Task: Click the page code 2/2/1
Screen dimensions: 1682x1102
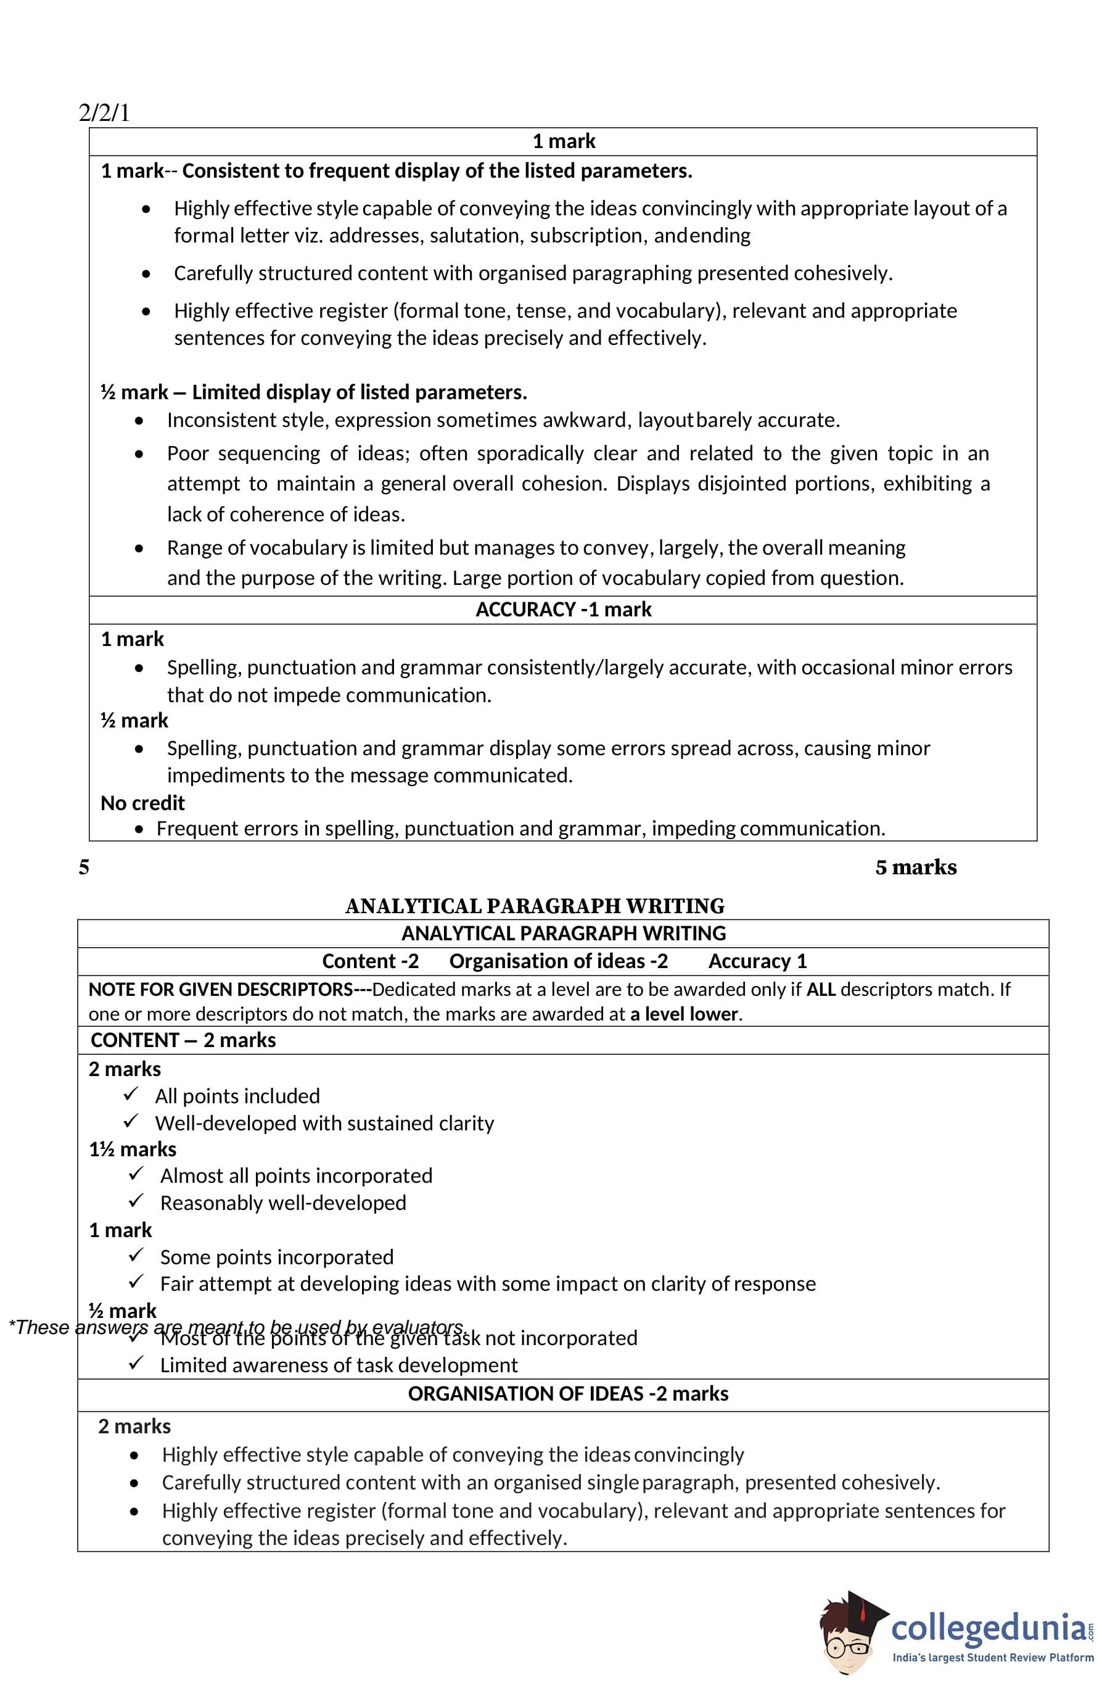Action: point(105,113)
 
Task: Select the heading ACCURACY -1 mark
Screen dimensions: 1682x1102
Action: point(563,610)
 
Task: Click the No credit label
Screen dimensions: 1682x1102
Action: point(142,803)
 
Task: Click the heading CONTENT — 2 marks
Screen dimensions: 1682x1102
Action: point(183,1040)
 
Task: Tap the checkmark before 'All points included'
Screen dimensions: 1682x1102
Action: point(131,1094)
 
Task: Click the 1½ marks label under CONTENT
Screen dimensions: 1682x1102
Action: point(133,1148)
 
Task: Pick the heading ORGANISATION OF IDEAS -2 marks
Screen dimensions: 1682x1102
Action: point(568,1393)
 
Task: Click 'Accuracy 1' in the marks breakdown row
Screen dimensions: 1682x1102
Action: point(757,961)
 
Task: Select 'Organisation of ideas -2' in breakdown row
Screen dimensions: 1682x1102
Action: point(558,961)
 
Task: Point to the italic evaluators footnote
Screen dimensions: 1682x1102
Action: point(237,1327)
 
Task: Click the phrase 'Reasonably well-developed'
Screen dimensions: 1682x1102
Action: point(282,1203)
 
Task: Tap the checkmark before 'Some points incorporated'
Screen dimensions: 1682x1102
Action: point(136,1255)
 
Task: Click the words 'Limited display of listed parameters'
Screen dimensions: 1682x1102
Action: point(359,392)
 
